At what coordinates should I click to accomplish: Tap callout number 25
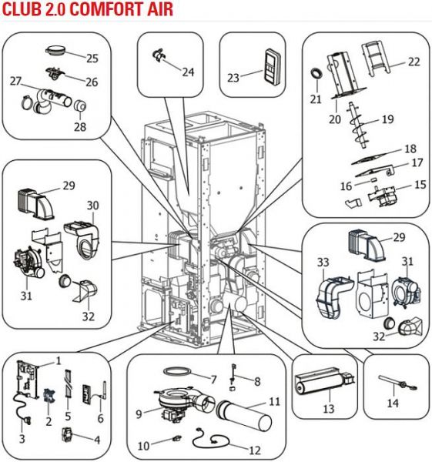pos(92,59)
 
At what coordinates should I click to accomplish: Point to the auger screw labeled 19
pos(358,126)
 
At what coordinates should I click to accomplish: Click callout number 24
pos(189,72)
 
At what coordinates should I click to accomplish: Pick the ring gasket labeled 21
pos(316,73)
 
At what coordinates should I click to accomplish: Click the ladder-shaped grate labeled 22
pos(377,59)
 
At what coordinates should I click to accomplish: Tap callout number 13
pos(329,408)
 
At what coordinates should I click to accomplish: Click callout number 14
pos(393,403)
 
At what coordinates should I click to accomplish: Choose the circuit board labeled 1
pos(28,379)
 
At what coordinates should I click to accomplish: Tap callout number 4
pos(97,440)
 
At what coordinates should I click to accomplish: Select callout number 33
pos(323,262)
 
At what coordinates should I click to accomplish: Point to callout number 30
pos(92,206)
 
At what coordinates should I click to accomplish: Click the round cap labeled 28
pos(79,105)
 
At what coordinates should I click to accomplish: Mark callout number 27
pos(15,81)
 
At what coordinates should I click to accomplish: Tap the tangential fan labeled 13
pos(323,381)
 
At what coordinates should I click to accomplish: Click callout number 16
pos(346,186)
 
